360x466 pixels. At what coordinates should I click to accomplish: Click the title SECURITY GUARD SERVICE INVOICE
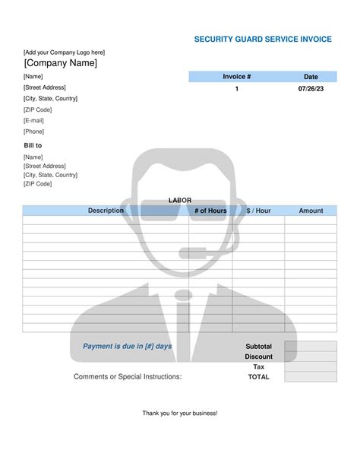click(263, 40)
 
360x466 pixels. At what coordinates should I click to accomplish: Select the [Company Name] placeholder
click(61, 63)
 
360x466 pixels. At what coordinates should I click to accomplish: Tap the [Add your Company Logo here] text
click(65, 52)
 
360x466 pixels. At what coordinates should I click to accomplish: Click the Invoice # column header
click(236, 77)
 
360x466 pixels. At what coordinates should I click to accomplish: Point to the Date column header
click(311, 77)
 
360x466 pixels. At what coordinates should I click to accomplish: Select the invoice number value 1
click(236, 89)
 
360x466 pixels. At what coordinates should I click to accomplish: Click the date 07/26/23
click(311, 89)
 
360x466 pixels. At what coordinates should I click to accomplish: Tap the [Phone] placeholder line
click(35, 132)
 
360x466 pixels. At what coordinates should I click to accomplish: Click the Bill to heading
click(33, 145)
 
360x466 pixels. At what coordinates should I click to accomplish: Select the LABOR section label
click(180, 200)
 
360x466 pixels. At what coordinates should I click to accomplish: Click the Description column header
click(106, 211)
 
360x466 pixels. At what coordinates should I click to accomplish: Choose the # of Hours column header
click(210, 211)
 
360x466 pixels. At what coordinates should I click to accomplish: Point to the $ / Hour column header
click(258, 211)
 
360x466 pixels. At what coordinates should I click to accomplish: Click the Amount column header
click(311, 211)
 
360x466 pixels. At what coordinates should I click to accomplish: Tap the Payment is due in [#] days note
click(128, 347)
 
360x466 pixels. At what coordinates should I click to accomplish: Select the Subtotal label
click(258, 347)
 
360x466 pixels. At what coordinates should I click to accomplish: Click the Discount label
click(258, 357)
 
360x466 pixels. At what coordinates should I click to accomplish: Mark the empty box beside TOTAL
click(311, 376)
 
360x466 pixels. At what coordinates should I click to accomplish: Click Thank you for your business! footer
click(180, 413)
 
